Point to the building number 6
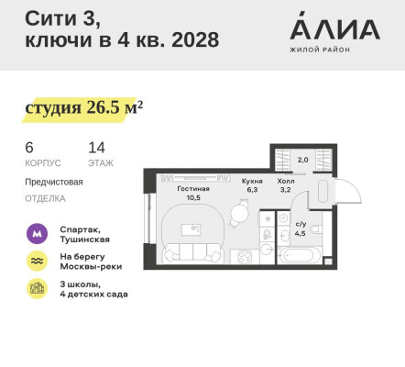coord(29,147)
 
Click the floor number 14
coord(96,147)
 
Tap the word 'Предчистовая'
coord(54,182)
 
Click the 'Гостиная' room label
coord(193,189)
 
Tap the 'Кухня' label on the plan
coord(252,182)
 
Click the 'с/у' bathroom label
coord(301,223)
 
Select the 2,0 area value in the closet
coord(303,159)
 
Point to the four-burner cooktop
coord(245,257)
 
